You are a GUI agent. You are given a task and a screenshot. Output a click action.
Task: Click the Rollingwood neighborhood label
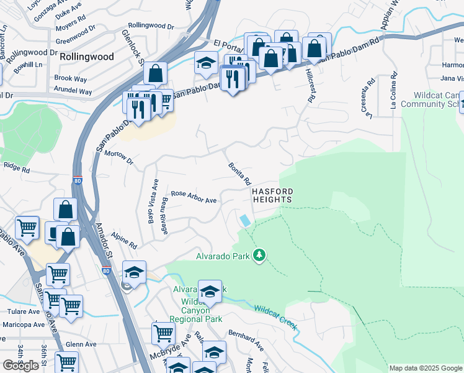point(87,57)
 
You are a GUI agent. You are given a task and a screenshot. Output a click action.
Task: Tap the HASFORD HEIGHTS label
point(272,195)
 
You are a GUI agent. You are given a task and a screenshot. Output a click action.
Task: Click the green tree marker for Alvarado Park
point(259,256)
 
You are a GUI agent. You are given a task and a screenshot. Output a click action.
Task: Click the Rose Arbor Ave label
point(194,196)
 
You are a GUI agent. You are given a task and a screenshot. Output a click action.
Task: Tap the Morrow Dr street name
point(119,157)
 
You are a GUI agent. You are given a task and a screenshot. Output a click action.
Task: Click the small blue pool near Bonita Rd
point(246,220)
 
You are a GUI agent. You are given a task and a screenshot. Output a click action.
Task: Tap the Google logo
point(21,366)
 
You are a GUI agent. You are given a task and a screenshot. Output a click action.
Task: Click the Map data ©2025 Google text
point(426,368)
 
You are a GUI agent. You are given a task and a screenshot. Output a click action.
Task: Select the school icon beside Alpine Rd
point(134,273)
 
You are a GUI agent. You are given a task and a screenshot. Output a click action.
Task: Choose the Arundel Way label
point(73,91)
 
